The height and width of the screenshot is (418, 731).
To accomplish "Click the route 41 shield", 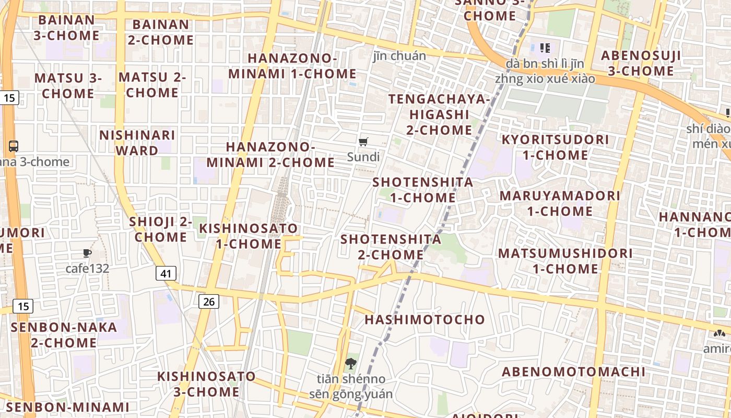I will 166,273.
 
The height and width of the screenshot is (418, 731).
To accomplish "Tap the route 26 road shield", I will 209,301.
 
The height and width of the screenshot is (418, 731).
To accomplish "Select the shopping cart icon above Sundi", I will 363,142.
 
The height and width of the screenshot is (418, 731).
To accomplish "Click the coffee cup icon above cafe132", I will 87,253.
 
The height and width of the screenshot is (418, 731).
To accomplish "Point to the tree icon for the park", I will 351,364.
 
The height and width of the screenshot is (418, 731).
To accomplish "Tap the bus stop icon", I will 14,146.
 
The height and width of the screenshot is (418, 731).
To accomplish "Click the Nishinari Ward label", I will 137,143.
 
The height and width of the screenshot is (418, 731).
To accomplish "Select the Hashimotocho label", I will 425,319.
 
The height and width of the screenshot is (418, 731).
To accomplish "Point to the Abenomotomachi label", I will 573,371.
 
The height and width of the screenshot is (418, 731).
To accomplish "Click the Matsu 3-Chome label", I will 68,86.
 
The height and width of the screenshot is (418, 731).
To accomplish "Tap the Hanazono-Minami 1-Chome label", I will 292,66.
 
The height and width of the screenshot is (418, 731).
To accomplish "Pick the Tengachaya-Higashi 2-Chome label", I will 439,114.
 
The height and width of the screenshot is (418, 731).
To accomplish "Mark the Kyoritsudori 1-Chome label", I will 555,147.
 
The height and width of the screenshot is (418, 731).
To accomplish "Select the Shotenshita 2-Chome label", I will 391,247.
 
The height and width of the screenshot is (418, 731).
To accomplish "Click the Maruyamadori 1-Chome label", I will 560,203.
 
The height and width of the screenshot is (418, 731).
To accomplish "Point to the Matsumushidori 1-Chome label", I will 565,261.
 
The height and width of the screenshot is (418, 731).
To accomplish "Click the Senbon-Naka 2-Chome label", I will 64,335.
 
